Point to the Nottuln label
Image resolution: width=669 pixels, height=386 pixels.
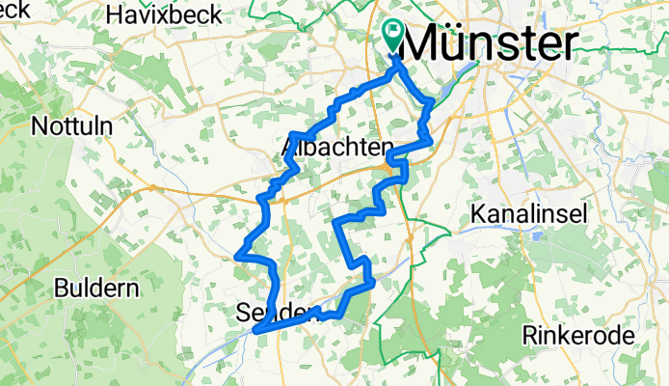pyautogui.click(x=72, y=126)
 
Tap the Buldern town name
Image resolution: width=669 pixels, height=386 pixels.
pyautogui.click(x=96, y=288)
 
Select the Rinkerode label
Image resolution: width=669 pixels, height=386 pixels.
pyautogui.click(x=577, y=336)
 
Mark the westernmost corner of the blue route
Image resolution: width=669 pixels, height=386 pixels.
pyautogui.click(x=236, y=256)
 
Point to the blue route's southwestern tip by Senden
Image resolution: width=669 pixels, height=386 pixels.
pyautogui.click(x=256, y=330)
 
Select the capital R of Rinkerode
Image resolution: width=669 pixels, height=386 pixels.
pyautogui.click(x=528, y=336)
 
